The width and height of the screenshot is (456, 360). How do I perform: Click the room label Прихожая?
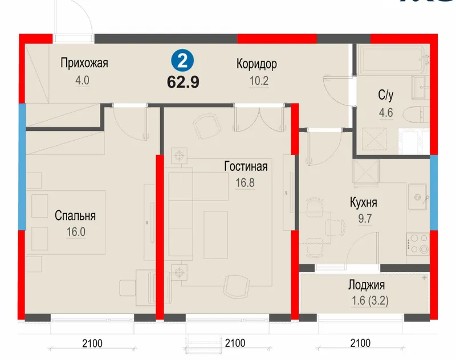pyautogui.click(x=84, y=63)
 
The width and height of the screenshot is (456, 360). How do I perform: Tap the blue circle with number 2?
pyautogui.click(x=182, y=62)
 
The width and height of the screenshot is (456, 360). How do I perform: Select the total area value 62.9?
pyautogui.click(x=183, y=82)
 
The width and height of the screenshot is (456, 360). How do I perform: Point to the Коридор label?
pyautogui.click(x=256, y=64)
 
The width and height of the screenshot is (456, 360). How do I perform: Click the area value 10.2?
pyautogui.click(x=259, y=81)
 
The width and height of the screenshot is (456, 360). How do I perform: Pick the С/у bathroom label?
pyautogui.click(x=386, y=95)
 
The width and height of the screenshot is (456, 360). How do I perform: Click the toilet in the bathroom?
pyautogui.click(x=416, y=114)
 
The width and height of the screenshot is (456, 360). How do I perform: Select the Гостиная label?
pyautogui.click(x=246, y=166)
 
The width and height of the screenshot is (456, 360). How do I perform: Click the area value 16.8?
pyautogui.click(x=245, y=183)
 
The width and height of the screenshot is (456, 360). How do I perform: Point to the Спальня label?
pyautogui.click(x=75, y=216)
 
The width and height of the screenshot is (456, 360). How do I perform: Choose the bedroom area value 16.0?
pyautogui.click(x=76, y=232)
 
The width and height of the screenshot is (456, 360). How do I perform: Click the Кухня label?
pyautogui.click(x=364, y=203)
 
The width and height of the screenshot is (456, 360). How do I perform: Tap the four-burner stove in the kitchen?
pyautogui.click(x=418, y=244)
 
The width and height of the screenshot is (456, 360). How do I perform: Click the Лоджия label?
pyautogui.click(x=367, y=285)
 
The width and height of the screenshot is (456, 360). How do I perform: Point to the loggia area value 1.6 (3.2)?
pyautogui.click(x=370, y=301)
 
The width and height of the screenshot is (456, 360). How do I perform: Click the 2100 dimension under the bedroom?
pyautogui.click(x=92, y=343)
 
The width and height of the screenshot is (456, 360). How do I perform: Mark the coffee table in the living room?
pyautogui.click(x=215, y=235)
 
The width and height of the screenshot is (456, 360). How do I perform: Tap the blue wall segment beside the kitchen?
pyautogui.click(x=434, y=193)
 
